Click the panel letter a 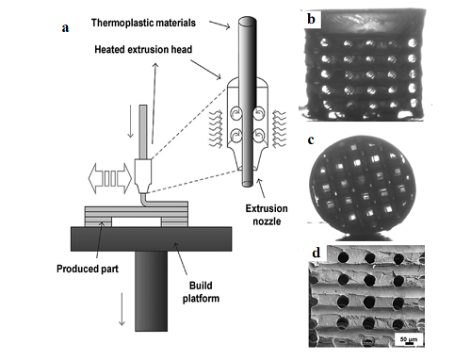coord(65,28)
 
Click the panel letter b coord(311,19)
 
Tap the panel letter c coord(311,140)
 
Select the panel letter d coord(317,253)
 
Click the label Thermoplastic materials coord(143,23)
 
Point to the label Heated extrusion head coord(143,50)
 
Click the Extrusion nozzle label coord(267,215)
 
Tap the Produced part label coord(88,269)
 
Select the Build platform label coord(201,292)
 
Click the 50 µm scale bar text coord(409,339)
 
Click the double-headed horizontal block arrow coord(110,178)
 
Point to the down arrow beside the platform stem coord(122,309)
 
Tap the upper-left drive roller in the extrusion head coord(235,113)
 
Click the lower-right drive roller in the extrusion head coord(259,136)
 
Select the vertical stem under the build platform coord(151,291)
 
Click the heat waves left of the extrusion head coord(216,129)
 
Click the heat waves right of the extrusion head coord(279,129)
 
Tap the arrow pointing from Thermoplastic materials coord(219,25)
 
